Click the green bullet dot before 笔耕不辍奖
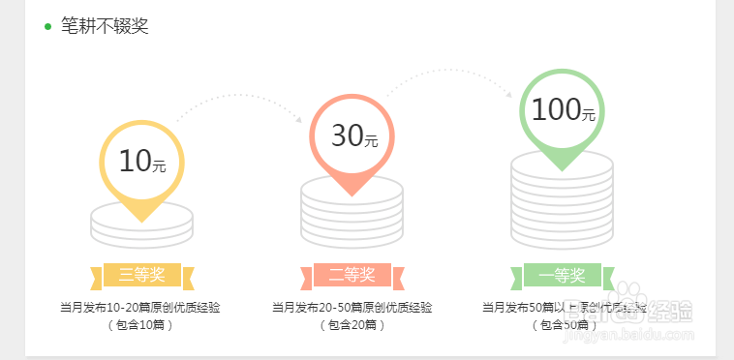point(47,26)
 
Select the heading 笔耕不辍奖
point(105,26)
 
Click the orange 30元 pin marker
point(352,136)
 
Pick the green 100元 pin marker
point(563,111)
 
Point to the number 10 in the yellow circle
point(136,161)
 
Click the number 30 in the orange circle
point(347,135)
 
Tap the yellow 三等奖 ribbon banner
point(142,276)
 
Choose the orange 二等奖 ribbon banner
point(352,276)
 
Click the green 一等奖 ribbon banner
point(563,276)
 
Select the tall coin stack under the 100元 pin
point(563,203)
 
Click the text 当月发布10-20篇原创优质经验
point(141,308)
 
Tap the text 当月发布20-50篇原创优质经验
point(352,308)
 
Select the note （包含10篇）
point(141,325)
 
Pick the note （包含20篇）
point(352,325)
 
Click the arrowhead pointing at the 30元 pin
point(300,120)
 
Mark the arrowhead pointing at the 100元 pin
point(510,94)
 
